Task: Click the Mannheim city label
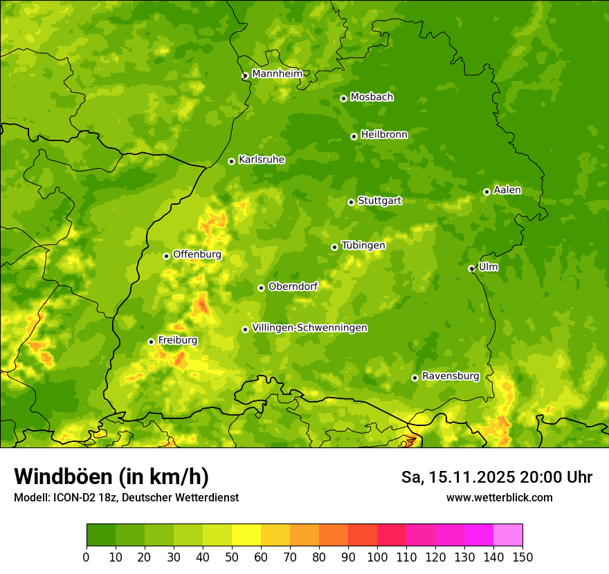pos(277,73)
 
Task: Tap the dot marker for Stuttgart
pos(351,202)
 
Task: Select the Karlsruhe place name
pos(261,159)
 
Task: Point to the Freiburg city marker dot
pos(151,342)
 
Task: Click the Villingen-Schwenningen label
pos(309,327)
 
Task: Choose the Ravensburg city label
pos(450,376)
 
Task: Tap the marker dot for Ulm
pos(471,268)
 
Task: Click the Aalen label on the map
pos(507,189)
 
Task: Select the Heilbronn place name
pos(384,134)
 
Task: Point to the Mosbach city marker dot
pos(343,98)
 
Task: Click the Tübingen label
pos(363,245)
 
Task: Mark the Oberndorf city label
pos(293,286)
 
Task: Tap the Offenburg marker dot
pos(166,256)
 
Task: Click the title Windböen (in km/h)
pos(111,476)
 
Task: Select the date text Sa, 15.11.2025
pos(457,477)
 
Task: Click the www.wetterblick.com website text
pos(499,497)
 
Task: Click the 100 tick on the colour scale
pos(377,557)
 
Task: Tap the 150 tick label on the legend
pos(522,557)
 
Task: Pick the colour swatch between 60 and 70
pos(275,535)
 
